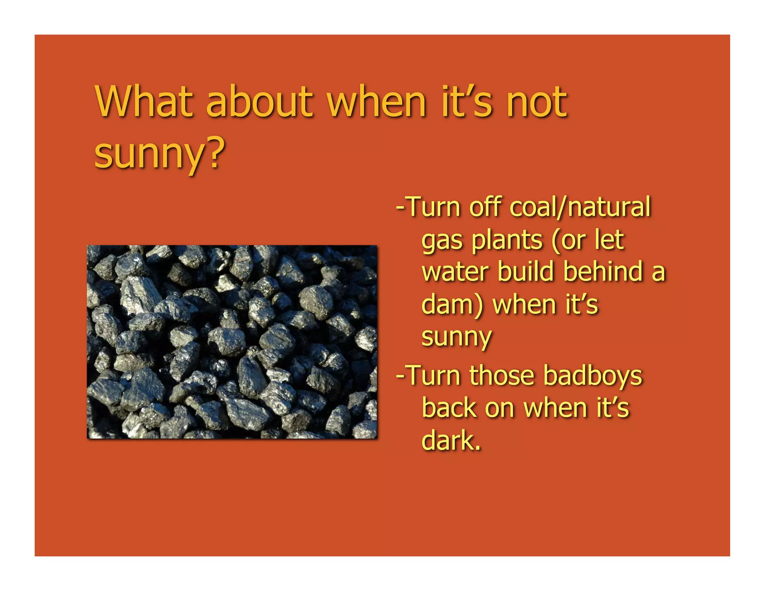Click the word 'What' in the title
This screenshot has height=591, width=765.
[x=144, y=102]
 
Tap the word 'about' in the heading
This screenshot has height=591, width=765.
[x=259, y=102]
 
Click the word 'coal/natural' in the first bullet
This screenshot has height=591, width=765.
[x=580, y=207]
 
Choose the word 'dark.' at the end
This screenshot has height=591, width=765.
[x=451, y=441]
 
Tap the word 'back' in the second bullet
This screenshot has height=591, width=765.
[x=449, y=408]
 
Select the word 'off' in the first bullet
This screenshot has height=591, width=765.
[x=484, y=207]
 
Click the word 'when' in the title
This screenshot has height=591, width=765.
[x=377, y=102]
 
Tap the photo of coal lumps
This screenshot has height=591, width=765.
[x=232, y=342]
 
